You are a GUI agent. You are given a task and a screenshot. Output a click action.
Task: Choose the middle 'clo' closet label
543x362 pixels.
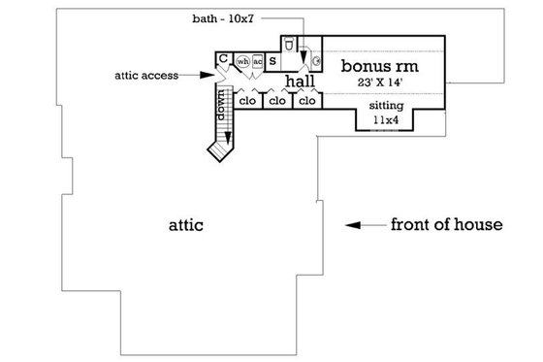[x=278, y=100]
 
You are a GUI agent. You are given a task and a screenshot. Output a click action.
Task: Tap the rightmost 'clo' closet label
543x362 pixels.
[x=308, y=100]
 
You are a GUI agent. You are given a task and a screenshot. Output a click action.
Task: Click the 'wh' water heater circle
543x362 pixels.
[x=242, y=63]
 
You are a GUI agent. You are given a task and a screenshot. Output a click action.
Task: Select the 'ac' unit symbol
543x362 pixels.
[x=258, y=63]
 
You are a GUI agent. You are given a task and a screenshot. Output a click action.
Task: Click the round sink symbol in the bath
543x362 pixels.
[x=316, y=61]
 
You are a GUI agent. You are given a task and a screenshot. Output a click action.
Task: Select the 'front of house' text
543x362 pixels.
[x=446, y=225]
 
